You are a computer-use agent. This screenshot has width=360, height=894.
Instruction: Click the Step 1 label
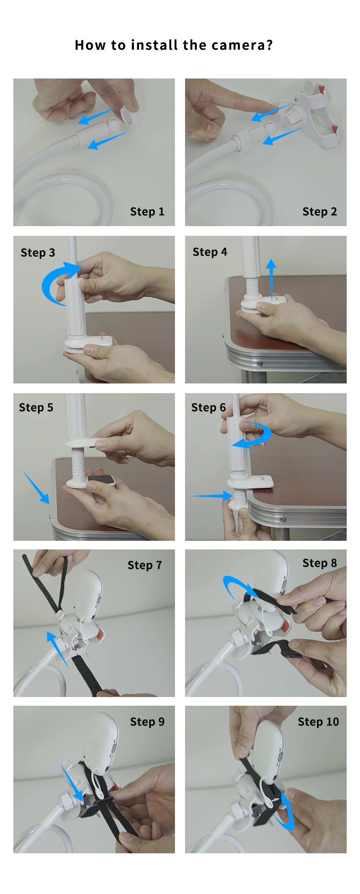pos(147,212)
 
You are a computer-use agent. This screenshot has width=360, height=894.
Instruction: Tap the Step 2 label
pos(320,212)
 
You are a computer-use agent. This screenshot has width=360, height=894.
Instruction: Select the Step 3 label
pos(38,253)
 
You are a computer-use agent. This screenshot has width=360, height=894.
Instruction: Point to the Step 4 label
pos(210,252)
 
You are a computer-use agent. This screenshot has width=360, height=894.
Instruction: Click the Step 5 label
pos(36,408)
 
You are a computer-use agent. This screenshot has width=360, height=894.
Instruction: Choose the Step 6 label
pos(208,408)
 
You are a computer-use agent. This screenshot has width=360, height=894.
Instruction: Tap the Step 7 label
pos(145,565)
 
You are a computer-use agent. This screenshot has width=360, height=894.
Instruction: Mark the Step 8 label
pos(320,563)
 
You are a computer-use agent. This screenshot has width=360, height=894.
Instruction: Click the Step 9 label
pos(147,722)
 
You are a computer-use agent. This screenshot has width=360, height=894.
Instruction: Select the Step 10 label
pos(318,722)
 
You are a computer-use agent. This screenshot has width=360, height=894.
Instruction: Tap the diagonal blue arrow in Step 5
pos(36,488)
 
